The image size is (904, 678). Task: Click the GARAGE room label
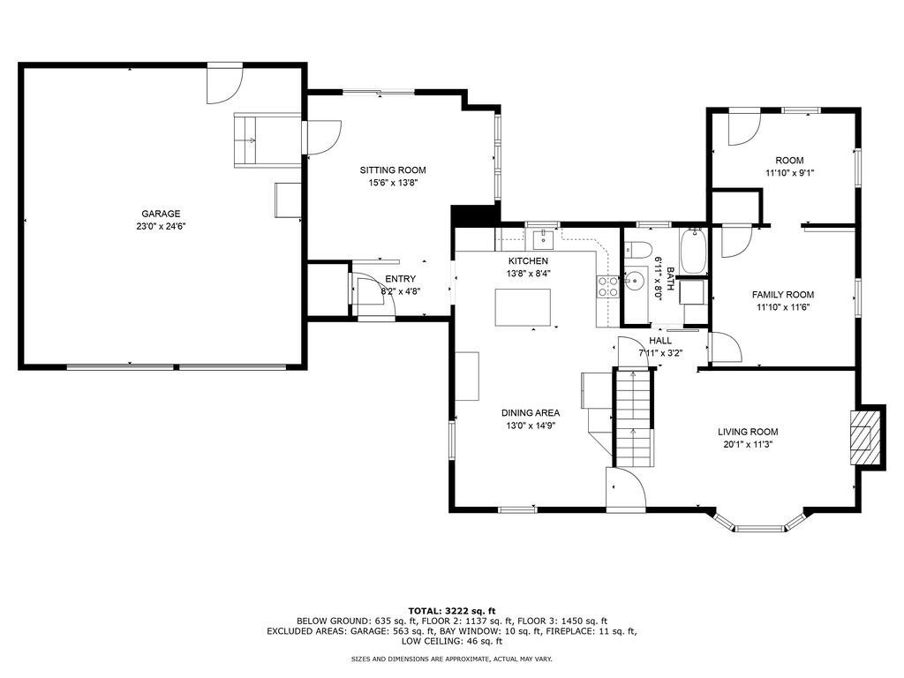point(161,214)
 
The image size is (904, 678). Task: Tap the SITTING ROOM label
point(393,170)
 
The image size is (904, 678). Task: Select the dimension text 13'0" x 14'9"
point(531,426)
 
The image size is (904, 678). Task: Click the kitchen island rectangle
point(523,307)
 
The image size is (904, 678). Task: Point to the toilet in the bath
point(637,249)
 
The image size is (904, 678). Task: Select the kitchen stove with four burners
point(607,287)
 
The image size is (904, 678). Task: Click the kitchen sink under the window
point(543,237)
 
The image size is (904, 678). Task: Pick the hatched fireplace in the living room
point(863,437)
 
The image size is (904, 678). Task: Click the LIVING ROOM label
point(748,432)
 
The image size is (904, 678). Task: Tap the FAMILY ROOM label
point(783,295)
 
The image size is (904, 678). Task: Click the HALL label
point(660,341)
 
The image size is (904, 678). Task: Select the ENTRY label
point(400,279)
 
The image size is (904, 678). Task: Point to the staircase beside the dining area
point(634,417)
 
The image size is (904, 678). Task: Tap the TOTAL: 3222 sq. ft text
point(452,611)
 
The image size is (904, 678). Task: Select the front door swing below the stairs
point(625,489)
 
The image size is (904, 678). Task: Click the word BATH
point(670,278)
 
